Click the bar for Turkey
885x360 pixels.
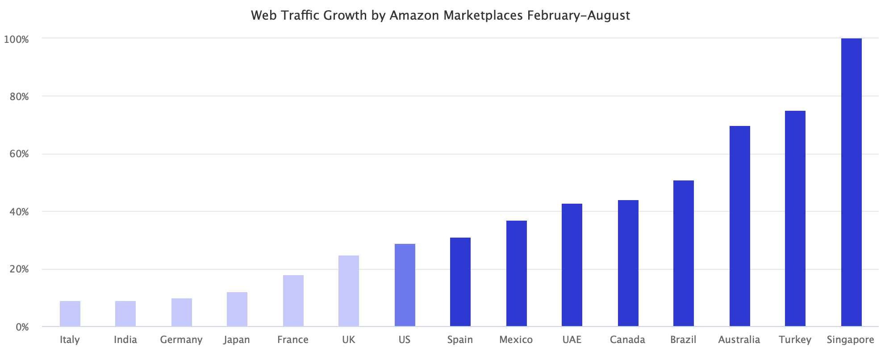click(x=795, y=218)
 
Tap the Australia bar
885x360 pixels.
click(x=739, y=226)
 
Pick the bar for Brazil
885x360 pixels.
click(x=683, y=253)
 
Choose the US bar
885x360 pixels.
click(x=405, y=285)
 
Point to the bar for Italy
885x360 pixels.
click(x=70, y=314)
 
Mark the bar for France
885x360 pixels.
click(x=293, y=301)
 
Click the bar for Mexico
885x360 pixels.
click(x=516, y=273)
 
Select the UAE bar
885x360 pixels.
click(x=572, y=265)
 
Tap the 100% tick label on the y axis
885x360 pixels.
click(x=17, y=39)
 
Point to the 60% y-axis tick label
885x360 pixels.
click(x=19, y=154)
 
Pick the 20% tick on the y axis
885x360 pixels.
click(x=19, y=269)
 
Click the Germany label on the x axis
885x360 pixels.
click(x=181, y=340)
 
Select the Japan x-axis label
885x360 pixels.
click(x=237, y=340)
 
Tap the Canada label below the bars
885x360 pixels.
click(x=627, y=340)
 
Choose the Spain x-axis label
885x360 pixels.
click(x=460, y=340)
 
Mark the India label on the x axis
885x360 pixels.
click(x=125, y=340)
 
